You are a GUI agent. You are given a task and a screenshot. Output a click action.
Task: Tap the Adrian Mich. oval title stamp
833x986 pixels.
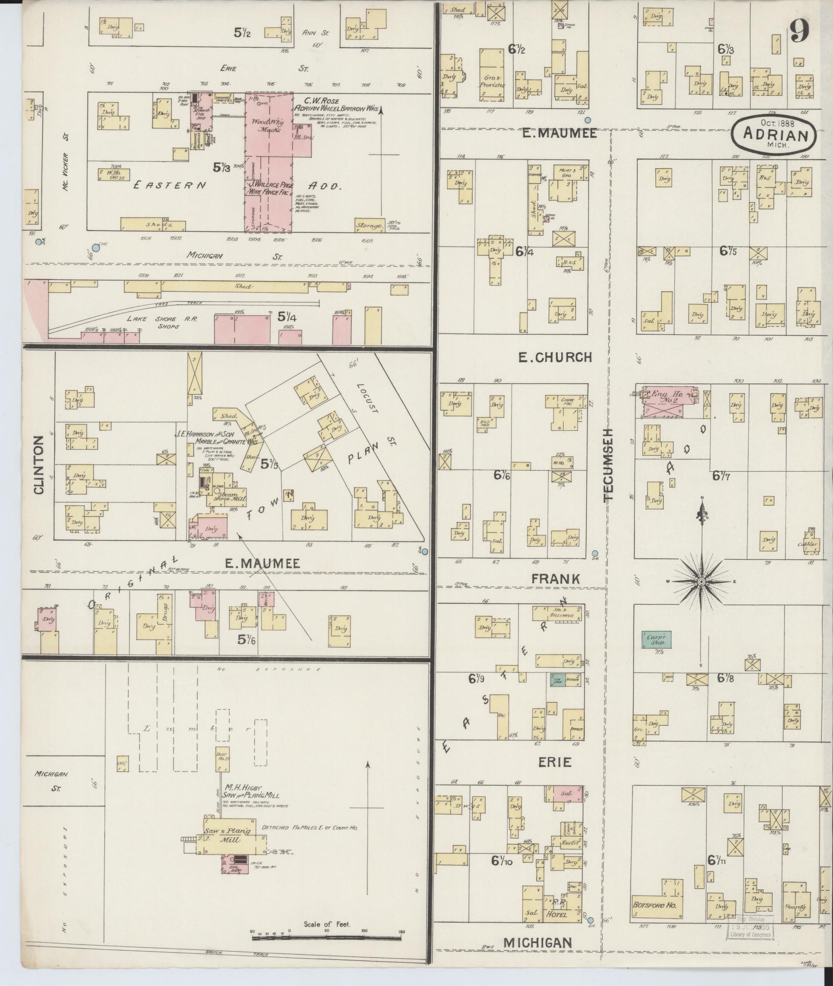(774, 134)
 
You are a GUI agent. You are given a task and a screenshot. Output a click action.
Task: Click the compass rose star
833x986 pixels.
(702, 582)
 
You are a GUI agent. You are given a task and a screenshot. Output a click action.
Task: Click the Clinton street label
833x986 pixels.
(39, 465)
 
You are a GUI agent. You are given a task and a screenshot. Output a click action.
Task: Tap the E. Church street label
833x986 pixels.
(555, 357)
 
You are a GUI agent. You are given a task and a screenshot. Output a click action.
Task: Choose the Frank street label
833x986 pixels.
(556, 579)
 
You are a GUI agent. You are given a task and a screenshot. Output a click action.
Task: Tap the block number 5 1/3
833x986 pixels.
(223, 167)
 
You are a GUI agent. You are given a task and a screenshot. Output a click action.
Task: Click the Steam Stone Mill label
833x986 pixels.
(231, 497)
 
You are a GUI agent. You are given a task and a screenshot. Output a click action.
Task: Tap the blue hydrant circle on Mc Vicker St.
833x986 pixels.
(38, 242)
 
